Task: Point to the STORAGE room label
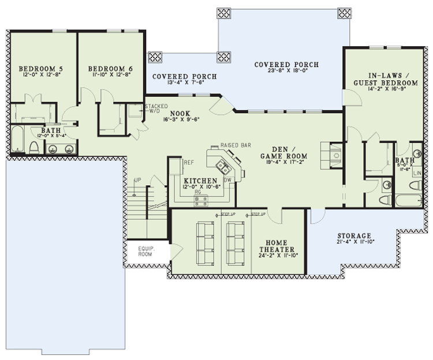click(354, 236)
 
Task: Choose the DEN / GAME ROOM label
click(283, 152)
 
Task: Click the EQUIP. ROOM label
click(144, 251)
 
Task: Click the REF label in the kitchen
click(188, 163)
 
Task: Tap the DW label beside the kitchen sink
click(227, 180)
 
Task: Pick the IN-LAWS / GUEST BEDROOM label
click(385, 79)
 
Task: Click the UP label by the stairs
click(137, 180)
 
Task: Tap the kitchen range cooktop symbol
click(201, 200)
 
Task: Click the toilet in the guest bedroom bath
click(385, 200)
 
